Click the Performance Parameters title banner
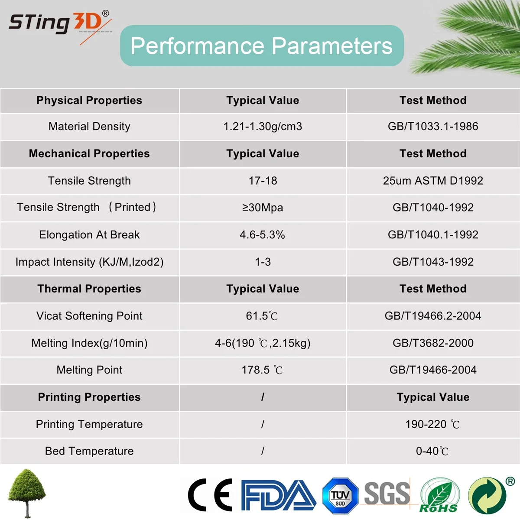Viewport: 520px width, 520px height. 262,46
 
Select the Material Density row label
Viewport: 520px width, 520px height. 89,127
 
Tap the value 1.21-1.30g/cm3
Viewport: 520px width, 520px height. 263,127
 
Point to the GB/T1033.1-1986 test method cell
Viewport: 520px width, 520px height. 433,127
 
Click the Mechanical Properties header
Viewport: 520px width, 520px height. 89,154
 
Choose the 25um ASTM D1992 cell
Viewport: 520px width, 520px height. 433,181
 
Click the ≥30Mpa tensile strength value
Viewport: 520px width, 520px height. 263,208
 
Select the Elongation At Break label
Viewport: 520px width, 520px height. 89,235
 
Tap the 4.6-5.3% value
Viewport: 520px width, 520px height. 263,235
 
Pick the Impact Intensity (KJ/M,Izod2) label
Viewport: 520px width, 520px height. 89,262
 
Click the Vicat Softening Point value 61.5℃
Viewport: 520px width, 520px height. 262,316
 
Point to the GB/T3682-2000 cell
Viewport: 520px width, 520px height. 433,343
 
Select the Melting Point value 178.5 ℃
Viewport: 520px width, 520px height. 262,370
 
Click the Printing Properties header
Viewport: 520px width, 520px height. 89,397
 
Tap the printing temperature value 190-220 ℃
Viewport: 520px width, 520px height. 432,424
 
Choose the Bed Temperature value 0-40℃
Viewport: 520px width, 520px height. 432,451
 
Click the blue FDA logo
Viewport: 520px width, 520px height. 278,495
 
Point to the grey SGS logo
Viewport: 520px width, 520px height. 387,494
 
